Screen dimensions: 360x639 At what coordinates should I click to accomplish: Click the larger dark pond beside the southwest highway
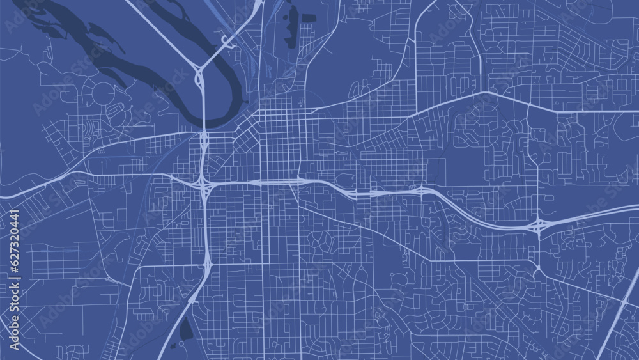pyautogui.click(x=186, y=329)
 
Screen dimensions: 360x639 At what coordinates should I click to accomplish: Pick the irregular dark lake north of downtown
pyautogui.click(x=292, y=22)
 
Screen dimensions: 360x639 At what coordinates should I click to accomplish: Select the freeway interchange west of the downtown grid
pyautogui.click(x=204, y=184)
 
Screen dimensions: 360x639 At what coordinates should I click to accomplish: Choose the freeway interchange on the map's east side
pyautogui.click(x=539, y=224)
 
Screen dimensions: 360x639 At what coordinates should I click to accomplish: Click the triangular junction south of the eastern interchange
pyautogui.click(x=538, y=269)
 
